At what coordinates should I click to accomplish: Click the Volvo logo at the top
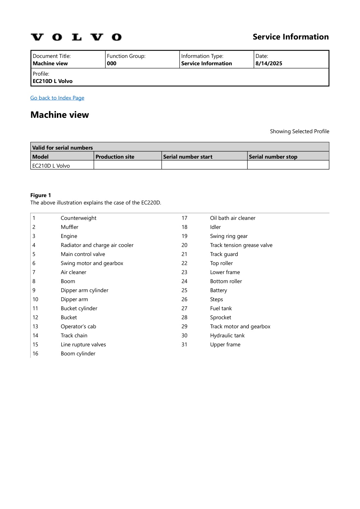[76, 37]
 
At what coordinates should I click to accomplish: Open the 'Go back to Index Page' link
[57, 98]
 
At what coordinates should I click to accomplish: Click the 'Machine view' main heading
[60, 115]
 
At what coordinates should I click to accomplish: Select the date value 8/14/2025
[269, 64]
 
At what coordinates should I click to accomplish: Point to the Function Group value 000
[112, 64]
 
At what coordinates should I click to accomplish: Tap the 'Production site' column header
[115, 157]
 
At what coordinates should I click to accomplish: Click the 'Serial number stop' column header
[273, 157]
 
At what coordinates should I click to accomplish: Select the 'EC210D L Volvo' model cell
[51, 166]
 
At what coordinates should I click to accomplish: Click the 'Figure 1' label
[41, 195]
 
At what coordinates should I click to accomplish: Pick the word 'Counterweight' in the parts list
[78, 218]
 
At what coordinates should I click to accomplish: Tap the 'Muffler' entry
[69, 227]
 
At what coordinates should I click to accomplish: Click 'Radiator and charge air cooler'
[97, 245]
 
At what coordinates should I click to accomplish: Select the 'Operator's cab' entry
[78, 327]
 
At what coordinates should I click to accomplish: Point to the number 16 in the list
[35, 354]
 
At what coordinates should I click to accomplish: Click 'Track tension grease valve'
[241, 245]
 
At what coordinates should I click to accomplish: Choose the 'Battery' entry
[218, 290]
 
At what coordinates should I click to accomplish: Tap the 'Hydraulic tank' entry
[227, 336]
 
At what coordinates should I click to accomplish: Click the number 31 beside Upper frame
[184, 345]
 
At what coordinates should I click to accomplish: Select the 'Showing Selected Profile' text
[299, 131]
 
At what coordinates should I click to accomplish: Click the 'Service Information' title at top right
[291, 37]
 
